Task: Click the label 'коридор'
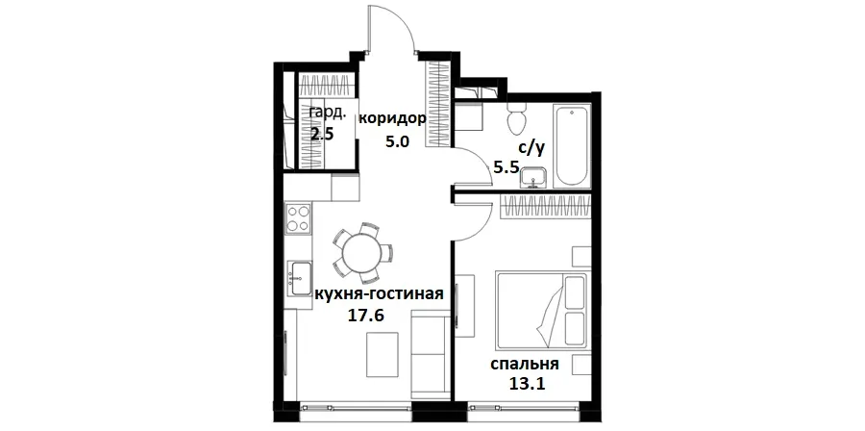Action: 391,119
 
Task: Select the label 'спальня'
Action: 524,366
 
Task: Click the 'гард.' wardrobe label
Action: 325,113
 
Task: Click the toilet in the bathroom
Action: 517,121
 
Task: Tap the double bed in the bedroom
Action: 541,310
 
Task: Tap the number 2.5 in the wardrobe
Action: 322,134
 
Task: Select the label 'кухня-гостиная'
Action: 379,293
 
